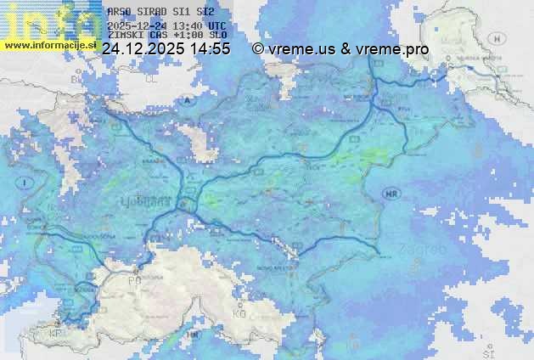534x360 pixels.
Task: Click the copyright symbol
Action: click(258, 50)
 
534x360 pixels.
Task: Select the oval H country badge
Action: click(497, 38)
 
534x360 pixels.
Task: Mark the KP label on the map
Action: click(57, 333)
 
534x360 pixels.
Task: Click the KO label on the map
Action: click(239, 312)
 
